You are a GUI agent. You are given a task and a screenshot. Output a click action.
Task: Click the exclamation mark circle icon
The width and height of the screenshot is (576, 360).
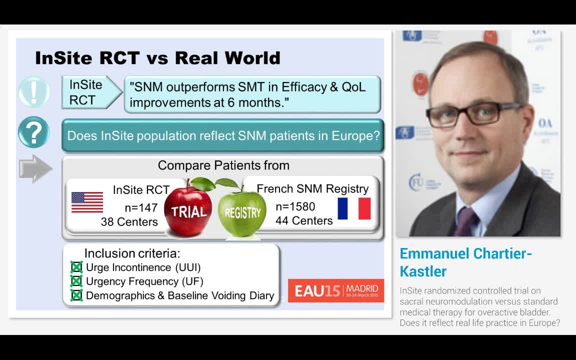click(x=33, y=92)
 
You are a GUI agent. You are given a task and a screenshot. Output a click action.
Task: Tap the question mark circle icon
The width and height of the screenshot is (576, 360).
click(x=33, y=133)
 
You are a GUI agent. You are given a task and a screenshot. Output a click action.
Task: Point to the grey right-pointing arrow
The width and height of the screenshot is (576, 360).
click(x=35, y=168)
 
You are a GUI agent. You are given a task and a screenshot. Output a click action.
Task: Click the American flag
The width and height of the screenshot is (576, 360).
click(x=87, y=202)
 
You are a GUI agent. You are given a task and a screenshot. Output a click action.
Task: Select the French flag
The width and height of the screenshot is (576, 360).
click(x=354, y=208)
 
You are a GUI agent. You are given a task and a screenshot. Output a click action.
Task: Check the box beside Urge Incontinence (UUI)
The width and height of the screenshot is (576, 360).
click(x=76, y=267)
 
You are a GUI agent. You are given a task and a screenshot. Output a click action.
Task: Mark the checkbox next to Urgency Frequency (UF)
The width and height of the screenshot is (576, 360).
click(x=76, y=281)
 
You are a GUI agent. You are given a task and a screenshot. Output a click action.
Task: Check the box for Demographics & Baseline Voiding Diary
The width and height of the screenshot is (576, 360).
click(x=76, y=295)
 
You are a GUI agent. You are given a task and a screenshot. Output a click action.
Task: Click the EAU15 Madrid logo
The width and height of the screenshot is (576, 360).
click(x=336, y=290)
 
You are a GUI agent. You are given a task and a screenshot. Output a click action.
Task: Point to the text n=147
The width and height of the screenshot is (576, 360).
click(x=141, y=207)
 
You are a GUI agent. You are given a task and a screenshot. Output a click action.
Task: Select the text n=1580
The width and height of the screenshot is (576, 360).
click(x=295, y=206)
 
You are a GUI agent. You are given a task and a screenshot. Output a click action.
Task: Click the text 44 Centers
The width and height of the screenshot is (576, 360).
click(x=304, y=220)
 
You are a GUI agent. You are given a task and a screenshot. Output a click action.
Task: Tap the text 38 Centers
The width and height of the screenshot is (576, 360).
click(x=129, y=221)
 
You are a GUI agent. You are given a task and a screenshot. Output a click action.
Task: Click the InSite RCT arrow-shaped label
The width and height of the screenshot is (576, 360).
click(x=90, y=92)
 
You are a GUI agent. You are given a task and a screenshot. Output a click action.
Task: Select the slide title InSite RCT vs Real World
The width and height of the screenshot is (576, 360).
click(x=157, y=58)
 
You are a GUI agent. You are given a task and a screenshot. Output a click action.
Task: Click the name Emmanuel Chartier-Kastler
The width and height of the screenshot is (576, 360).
click(x=465, y=262)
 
